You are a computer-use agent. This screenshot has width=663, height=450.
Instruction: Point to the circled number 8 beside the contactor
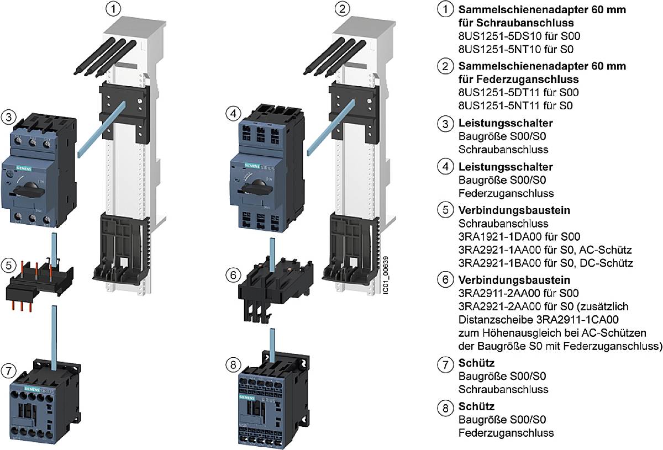(232, 364)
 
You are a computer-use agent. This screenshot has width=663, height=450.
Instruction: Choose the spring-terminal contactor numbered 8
(266, 403)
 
